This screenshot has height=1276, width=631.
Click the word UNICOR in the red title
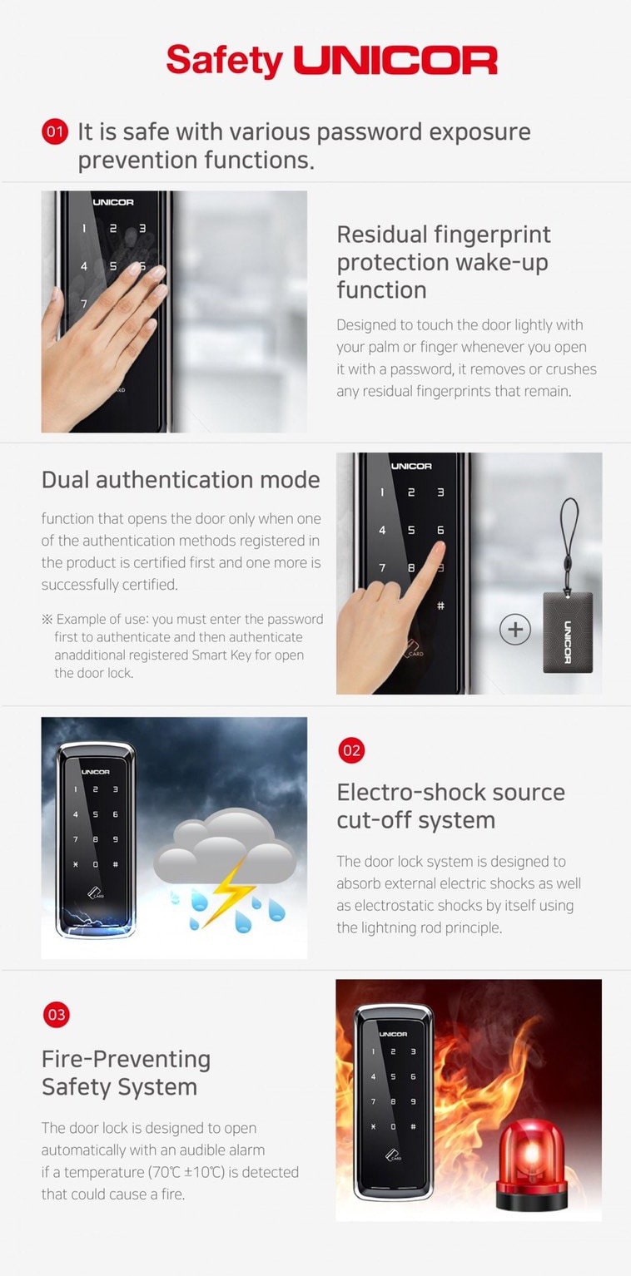(395, 61)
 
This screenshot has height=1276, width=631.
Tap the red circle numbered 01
(55, 132)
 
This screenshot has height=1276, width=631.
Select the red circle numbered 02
(351, 750)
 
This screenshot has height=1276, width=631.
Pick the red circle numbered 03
(57, 1015)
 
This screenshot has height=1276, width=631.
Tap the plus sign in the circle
(514, 630)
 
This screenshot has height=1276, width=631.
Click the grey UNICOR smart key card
(568, 632)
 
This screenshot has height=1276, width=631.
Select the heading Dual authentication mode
(181, 480)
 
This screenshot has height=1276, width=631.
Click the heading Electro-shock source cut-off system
(450, 806)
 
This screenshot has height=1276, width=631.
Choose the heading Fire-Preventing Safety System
(126, 1073)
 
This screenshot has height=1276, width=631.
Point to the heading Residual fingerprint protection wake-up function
(444, 262)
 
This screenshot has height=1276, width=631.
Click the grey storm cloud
(225, 846)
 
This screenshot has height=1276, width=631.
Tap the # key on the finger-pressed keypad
(440, 606)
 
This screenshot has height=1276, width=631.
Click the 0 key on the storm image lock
(95, 865)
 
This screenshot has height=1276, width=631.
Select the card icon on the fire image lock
(393, 1155)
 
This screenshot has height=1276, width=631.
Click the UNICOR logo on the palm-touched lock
(113, 202)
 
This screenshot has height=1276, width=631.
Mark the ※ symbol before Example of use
(47, 619)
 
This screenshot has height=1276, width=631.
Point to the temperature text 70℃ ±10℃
(186, 1172)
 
